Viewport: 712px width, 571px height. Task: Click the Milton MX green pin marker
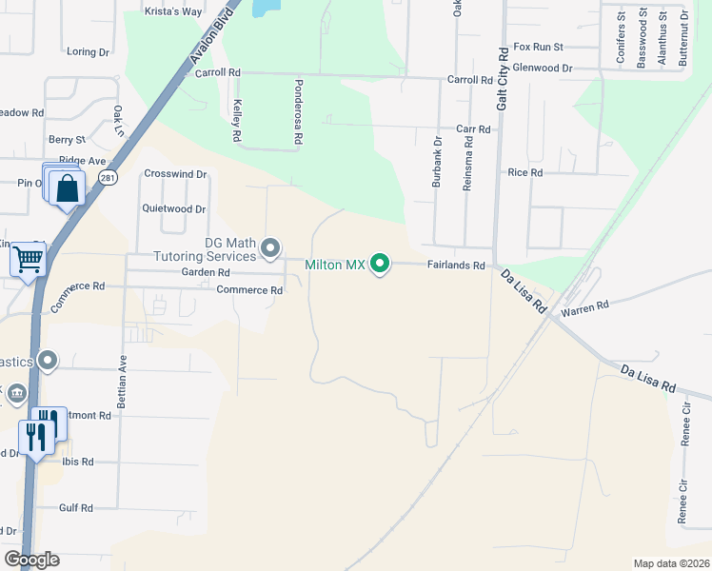[380, 264]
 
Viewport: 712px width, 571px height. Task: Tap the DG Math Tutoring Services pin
[270, 249]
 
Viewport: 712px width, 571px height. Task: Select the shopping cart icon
[28, 257]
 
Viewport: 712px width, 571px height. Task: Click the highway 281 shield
[111, 178]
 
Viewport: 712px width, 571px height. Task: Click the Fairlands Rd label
[456, 266]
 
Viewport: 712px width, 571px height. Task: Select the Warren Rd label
[584, 308]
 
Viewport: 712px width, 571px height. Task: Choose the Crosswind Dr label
[175, 174]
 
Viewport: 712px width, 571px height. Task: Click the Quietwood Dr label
[173, 208]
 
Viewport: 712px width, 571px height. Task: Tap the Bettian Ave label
[122, 384]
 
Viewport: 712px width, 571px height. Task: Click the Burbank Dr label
[437, 163]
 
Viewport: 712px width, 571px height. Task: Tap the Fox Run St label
[539, 46]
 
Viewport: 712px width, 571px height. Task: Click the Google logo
[30, 560]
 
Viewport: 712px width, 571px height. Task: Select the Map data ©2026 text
[671, 563]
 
